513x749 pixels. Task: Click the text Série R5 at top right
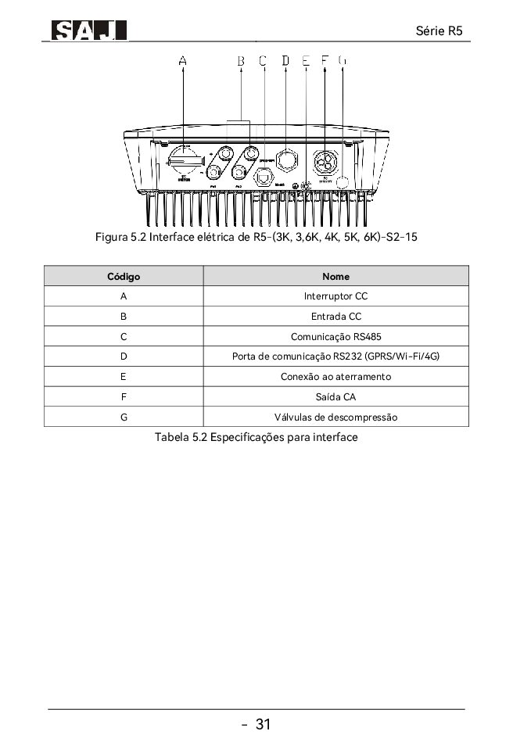coord(440,30)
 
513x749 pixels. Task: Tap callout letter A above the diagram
coord(183,59)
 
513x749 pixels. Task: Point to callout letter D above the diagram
coord(285,59)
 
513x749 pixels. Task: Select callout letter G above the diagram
coord(343,59)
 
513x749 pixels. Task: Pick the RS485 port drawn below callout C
coord(265,177)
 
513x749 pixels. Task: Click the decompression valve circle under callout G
coord(343,181)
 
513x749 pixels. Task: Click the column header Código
coord(124,276)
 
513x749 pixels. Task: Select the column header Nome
coord(335,276)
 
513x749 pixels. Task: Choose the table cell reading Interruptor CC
coord(335,296)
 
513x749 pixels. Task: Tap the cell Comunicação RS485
coord(335,337)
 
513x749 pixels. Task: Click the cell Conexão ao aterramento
coord(335,377)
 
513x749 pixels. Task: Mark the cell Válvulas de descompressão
coord(335,418)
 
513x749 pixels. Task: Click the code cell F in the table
coord(124,397)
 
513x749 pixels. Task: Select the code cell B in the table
coord(124,317)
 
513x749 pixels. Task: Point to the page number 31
coord(263,725)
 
